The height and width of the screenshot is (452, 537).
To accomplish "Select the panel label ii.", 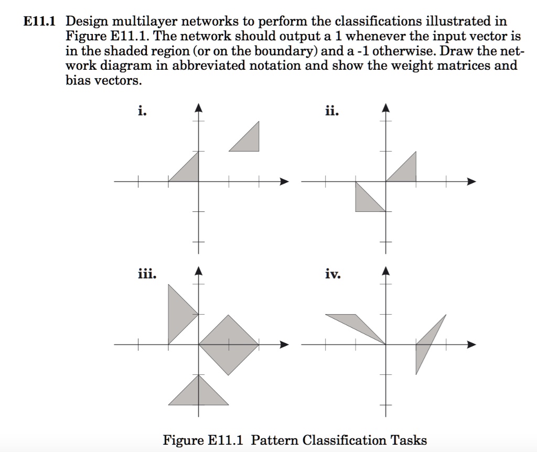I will point(331,111).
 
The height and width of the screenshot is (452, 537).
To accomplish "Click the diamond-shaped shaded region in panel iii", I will point(228,345).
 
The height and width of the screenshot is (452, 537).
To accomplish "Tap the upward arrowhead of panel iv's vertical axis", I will point(386,270).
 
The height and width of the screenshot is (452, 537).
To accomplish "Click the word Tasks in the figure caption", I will point(410,439).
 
